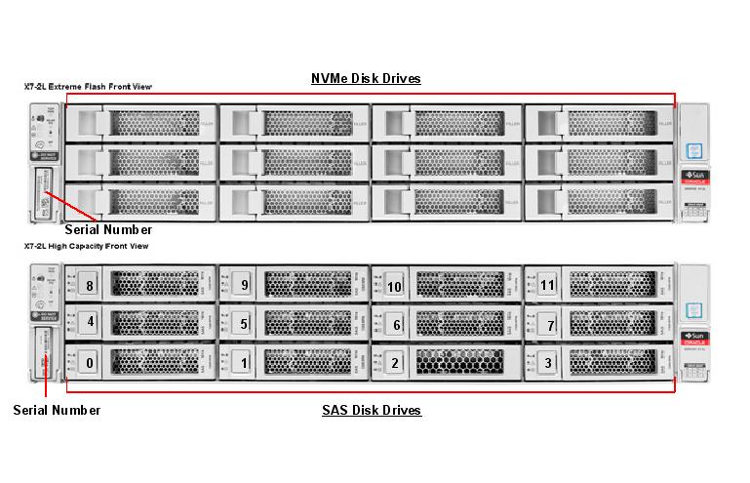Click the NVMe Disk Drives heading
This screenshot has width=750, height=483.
pos(366,78)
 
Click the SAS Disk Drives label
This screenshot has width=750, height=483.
pos(372,410)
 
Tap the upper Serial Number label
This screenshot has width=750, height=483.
pos(108,230)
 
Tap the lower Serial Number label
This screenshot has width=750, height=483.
pos(57,410)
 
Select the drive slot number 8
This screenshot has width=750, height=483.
pos(90,286)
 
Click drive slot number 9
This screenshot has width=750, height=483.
pos(244,286)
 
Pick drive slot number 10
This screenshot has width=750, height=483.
pos(394,287)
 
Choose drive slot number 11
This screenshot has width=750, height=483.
pos(547,286)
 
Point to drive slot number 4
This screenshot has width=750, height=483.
pos(90,321)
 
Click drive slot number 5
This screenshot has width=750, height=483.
pos(244,324)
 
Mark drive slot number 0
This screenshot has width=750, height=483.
pos(90,363)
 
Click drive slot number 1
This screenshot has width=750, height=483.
pos(244,363)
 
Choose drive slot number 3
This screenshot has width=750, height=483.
pos(547,363)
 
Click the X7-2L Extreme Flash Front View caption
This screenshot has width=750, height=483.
pos(88,87)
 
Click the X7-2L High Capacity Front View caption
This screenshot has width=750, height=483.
pos(86,247)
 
